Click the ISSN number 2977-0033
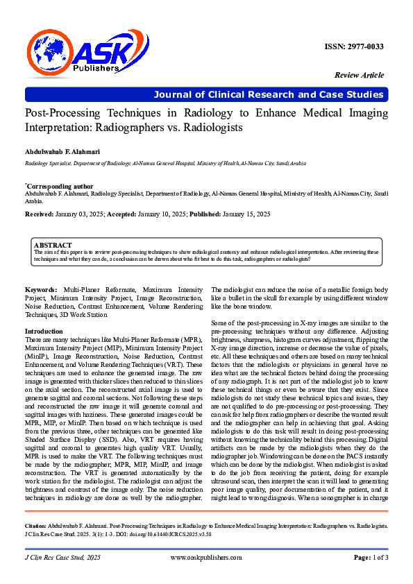click(354, 46)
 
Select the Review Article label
click(359, 74)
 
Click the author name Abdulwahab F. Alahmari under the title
click(63, 151)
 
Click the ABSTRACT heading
click(53, 246)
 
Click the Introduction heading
click(44, 332)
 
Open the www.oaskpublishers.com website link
click(206, 558)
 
